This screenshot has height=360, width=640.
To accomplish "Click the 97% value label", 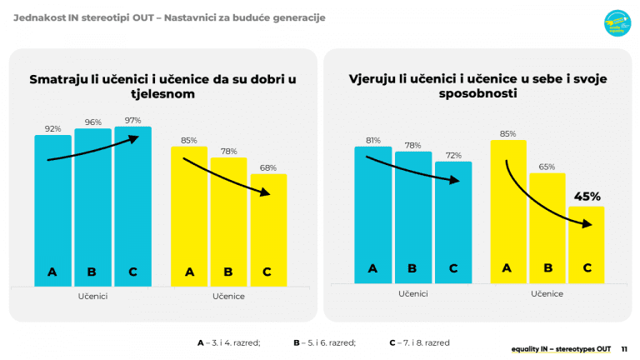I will [132, 121].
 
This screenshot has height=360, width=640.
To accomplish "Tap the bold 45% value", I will [587, 197].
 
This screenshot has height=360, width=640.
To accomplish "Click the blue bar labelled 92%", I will [52, 208].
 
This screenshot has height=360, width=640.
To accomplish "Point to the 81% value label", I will [372, 140].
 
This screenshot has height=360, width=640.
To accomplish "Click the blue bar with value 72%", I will [453, 221].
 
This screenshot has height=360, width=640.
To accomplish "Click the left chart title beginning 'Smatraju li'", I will [162, 86].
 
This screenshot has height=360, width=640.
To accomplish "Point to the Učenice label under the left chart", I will [228, 296].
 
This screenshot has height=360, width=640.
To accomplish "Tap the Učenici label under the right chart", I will [412, 293].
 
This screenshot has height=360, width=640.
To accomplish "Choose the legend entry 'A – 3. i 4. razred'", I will [228, 342].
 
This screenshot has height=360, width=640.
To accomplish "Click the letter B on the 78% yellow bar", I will [228, 272].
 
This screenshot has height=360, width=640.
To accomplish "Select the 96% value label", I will [92, 122].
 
